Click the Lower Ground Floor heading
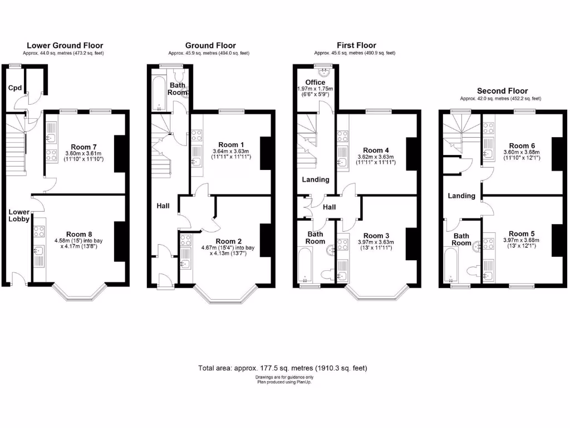point(65,46)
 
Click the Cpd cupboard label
point(14,88)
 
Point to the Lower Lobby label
point(18,215)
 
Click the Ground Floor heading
point(210,46)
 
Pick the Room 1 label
point(228,144)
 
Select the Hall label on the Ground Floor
point(164,206)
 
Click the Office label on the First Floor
point(315,82)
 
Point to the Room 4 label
point(376,150)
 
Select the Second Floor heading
point(502,91)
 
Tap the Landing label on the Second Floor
point(461,196)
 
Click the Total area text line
point(283,368)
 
